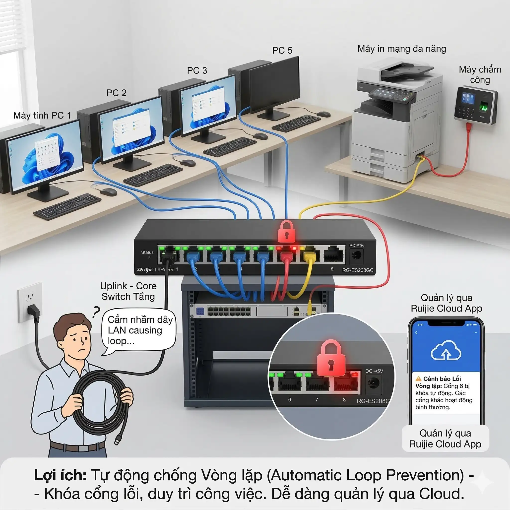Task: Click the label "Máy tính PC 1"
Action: point(42,116)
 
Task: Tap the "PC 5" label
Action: point(282,50)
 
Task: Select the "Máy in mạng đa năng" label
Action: point(401,49)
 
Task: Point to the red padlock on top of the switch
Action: point(286,232)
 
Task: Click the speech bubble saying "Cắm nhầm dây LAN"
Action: point(139,330)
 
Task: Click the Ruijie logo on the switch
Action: point(145,269)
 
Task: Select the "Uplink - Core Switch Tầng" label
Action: point(128,291)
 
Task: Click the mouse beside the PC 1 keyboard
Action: point(108,192)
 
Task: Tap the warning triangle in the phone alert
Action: point(418,379)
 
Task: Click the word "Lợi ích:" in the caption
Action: point(60,475)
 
